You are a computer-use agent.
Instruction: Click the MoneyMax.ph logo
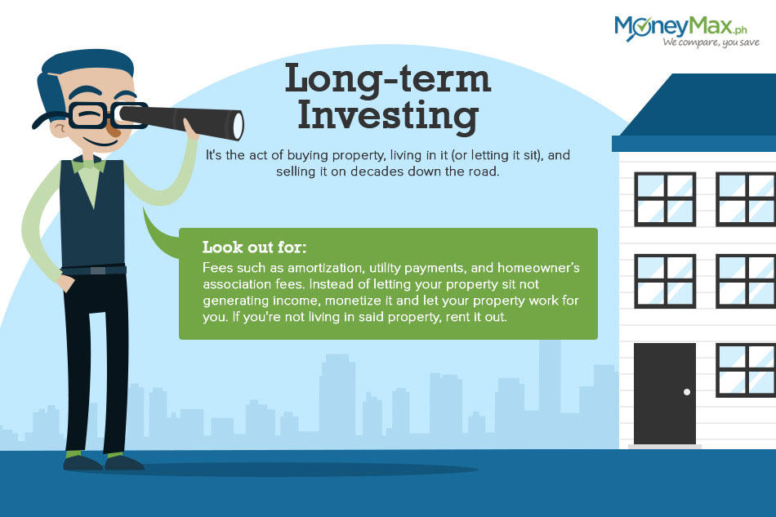coord(686,31)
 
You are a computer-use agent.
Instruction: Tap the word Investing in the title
coord(387,116)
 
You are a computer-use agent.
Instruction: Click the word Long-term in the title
coord(387,78)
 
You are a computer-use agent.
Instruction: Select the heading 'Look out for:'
coord(254,247)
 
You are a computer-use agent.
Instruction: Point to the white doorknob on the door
coord(686,392)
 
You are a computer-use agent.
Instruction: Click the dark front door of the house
coord(665,394)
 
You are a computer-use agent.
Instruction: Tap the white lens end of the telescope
coord(238,126)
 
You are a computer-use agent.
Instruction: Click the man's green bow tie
coord(88,165)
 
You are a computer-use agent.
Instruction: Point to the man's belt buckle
coord(98,270)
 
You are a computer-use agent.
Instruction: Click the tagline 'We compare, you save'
coord(711,42)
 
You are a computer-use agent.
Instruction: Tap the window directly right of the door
coord(746,371)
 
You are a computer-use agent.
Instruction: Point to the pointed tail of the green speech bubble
coord(144,210)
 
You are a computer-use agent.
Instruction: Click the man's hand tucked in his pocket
coord(65,283)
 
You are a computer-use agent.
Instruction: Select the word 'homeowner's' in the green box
coord(538,268)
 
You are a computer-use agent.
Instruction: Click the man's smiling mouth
coord(99,142)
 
